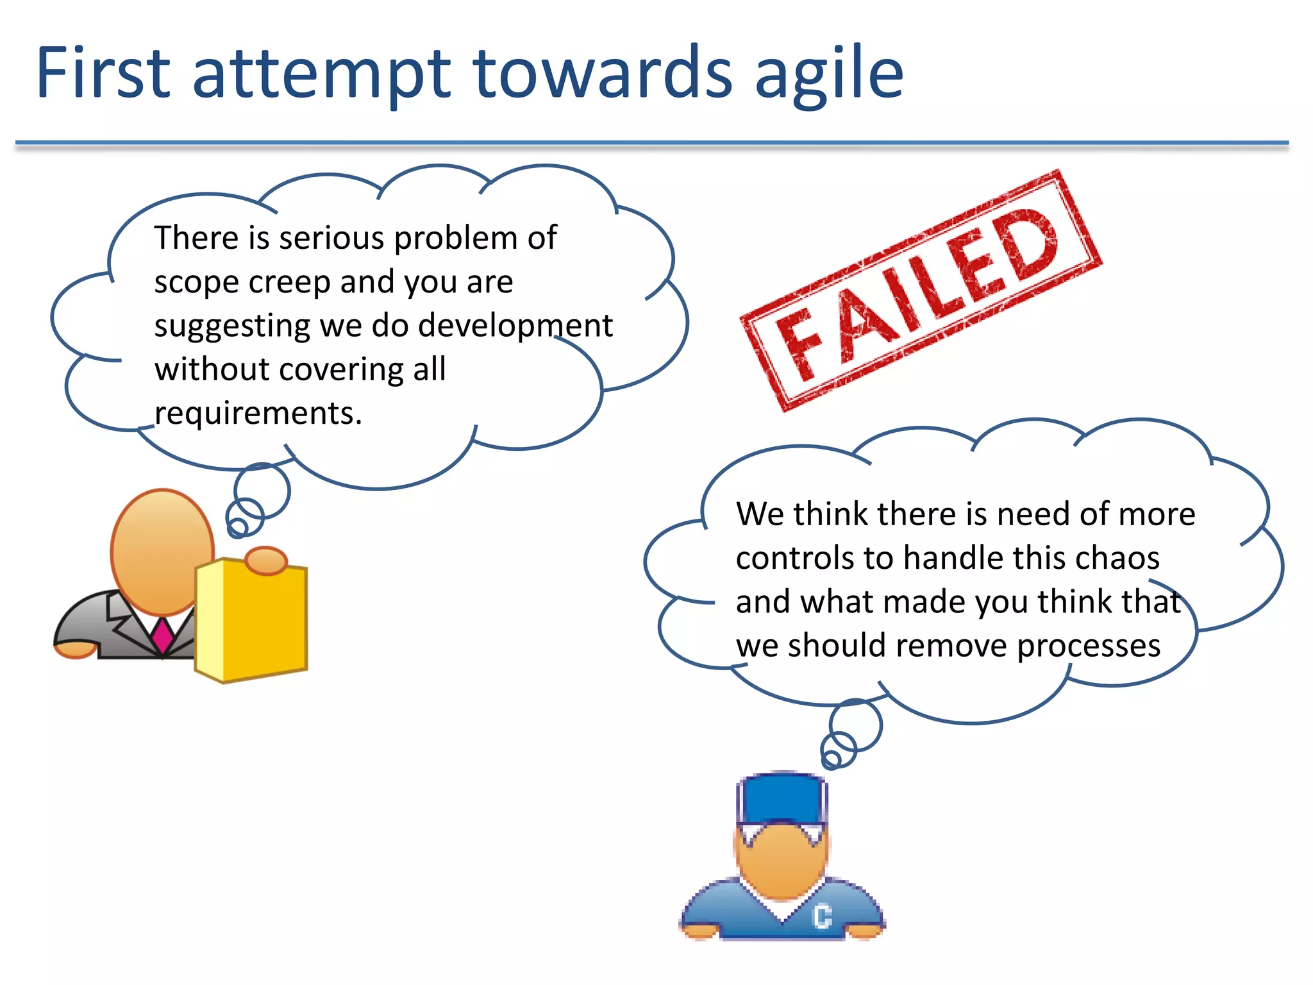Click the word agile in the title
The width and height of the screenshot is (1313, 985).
[829, 74]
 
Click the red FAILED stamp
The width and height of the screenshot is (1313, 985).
[920, 290]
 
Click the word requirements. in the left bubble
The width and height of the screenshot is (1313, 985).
[258, 413]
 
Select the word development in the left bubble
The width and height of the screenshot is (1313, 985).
[515, 325]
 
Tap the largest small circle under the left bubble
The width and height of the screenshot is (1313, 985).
[262, 491]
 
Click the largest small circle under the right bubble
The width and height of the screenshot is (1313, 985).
[855, 725]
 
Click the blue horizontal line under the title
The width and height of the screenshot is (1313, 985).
[651, 143]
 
